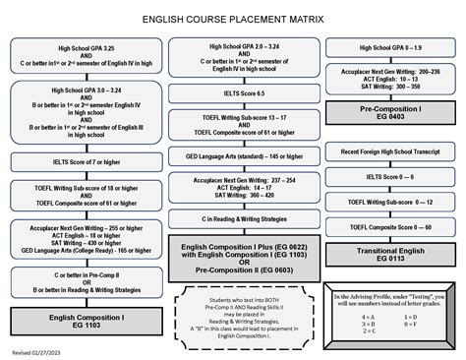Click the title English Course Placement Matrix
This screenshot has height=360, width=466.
pyautogui.click(x=233, y=18)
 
